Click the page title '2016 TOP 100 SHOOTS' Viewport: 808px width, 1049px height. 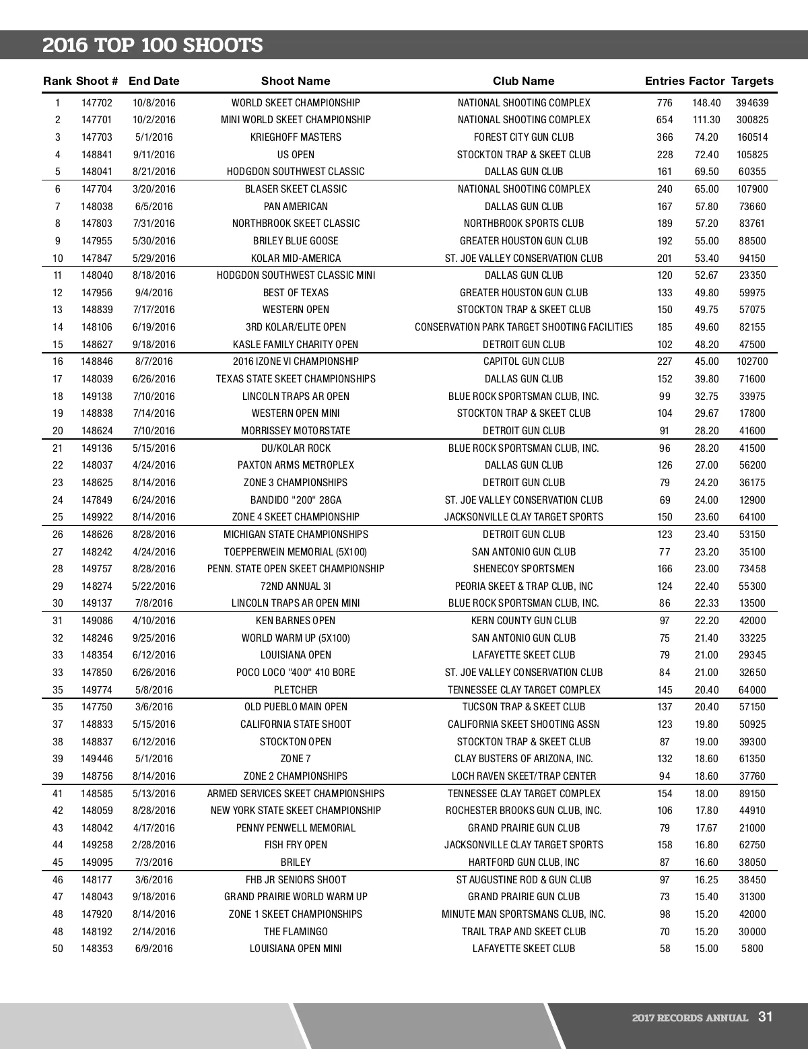(153, 46)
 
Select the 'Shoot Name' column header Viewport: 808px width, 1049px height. (296, 81)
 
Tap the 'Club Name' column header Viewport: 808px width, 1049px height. (523, 81)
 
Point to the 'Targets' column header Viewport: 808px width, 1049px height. (752, 81)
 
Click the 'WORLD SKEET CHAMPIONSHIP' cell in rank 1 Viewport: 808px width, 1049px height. (296, 103)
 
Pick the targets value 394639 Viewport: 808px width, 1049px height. (752, 103)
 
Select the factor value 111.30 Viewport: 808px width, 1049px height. (706, 120)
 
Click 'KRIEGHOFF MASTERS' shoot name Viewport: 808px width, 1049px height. (296, 137)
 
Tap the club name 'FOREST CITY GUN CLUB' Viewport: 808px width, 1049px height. (524, 137)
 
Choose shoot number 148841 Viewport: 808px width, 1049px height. (97, 155)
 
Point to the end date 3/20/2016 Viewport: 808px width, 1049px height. (154, 189)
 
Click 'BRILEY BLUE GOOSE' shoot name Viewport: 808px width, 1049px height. (296, 241)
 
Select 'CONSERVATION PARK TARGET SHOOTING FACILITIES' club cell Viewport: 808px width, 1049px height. (524, 327)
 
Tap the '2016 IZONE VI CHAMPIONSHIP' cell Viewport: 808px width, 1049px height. (296, 362)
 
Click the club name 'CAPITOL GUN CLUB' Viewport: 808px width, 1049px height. (524, 362)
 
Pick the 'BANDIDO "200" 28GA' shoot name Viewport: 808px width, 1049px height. (296, 500)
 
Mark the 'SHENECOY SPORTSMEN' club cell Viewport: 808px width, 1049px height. (524, 569)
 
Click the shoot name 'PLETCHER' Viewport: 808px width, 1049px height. (296, 690)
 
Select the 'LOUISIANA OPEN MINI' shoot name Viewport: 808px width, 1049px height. (296, 949)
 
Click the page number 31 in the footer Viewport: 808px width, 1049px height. (765, 1017)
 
